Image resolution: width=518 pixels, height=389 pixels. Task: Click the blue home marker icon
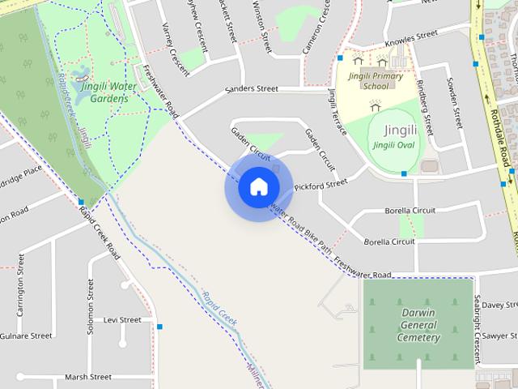click(x=258, y=187)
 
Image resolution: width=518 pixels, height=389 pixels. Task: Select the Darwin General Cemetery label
click(x=418, y=325)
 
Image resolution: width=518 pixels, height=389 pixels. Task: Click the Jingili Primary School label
click(x=369, y=80)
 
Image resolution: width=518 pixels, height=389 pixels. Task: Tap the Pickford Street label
click(x=321, y=186)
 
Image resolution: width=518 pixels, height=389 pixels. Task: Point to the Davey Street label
click(x=498, y=305)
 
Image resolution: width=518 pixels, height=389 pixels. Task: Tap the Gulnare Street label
click(x=23, y=335)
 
